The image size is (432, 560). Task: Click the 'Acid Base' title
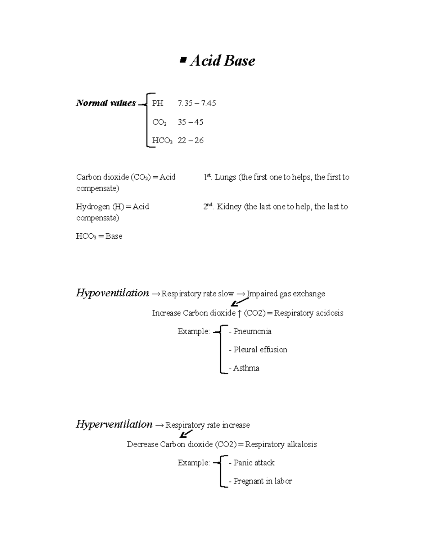click(x=222, y=61)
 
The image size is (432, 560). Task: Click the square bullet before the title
click(x=183, y=61)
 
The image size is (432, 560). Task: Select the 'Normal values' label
click(x=106, y=103)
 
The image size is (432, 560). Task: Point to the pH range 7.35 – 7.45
click(x=197, y=103)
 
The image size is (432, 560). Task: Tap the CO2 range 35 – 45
click(x=190, y=122)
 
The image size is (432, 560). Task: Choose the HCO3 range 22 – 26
click(x=190, y=141)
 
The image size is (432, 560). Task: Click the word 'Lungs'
click(x=225, y=177)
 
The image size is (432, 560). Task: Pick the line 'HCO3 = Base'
click(x=99, y=237)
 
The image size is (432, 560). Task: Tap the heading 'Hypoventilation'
click(x=112, y=293)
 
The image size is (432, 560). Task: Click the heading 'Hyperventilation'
click(x=114, y=424)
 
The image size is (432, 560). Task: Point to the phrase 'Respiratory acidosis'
click(x=309, y=313)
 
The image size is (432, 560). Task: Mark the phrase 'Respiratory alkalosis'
click(x=281, y=444)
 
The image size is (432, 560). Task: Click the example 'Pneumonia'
click(x=252, y=331)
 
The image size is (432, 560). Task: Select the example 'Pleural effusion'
click(x=260, y=350)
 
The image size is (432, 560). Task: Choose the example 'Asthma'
click(x=246, y=368)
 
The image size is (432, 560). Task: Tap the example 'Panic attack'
click(x=254, y=463)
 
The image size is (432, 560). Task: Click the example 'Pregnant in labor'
click(x=262, y=481)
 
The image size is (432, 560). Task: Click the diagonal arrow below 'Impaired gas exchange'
click(x=239, y=302)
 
